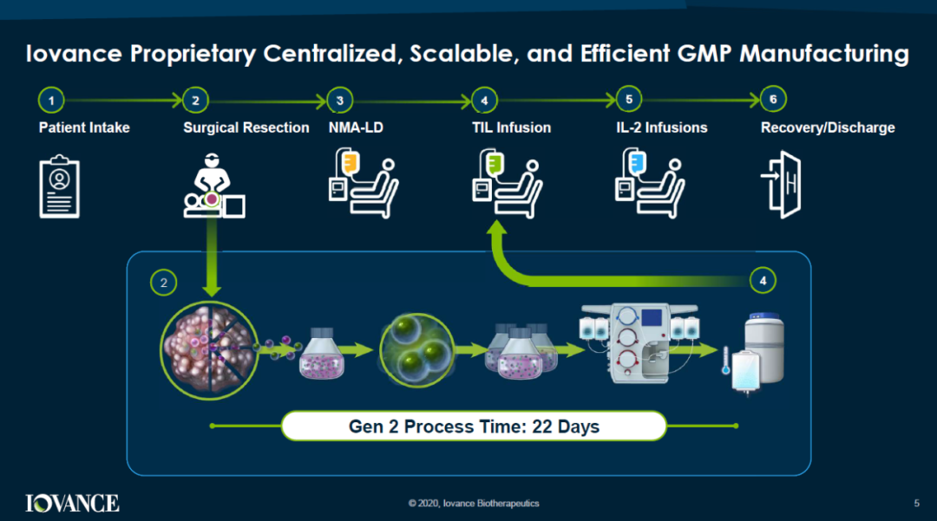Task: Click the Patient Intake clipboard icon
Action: click(59, 184)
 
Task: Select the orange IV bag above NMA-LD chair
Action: click(351, 161)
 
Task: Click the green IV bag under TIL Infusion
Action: click(495, 161)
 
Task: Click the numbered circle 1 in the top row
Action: click(51, 101)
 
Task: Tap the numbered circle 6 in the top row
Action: click(773, 101)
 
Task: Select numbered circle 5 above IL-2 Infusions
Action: click(628, 101)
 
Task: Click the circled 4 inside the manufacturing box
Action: click(762, 280)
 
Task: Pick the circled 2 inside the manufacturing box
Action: click(163, 282)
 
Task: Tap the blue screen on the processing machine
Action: click(651, 317)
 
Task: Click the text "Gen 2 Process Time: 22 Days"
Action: click(474, 427)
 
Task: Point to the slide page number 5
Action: click(916, 504)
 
